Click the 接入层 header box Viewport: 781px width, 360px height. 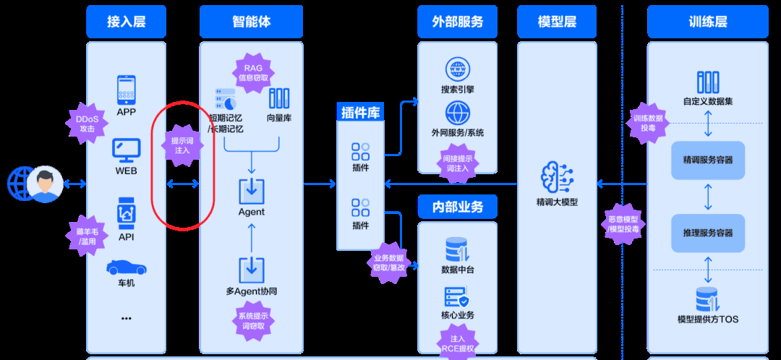[x=126, y=22]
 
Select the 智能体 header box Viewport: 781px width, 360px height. [x=251, y=22]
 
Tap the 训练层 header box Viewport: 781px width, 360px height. [x=707, y=22]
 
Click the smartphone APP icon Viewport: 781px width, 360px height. [x=127, y=90]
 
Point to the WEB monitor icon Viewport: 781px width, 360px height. [x=126, y=150]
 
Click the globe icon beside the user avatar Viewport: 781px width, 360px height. [x=20, y=184]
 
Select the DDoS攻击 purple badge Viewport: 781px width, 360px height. [x=87, y=123]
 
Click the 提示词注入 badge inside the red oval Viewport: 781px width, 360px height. [x=182, y=146]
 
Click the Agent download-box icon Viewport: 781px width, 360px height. [x=252, y=191]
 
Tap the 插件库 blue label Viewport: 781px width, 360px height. [x=361, y=112]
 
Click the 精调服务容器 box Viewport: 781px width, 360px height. [x=707, y=160]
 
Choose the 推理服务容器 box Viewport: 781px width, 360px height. [x=707, y=233]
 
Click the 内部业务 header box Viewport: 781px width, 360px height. [x=457, y=207]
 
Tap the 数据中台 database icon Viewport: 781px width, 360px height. [x=457, y=250]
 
